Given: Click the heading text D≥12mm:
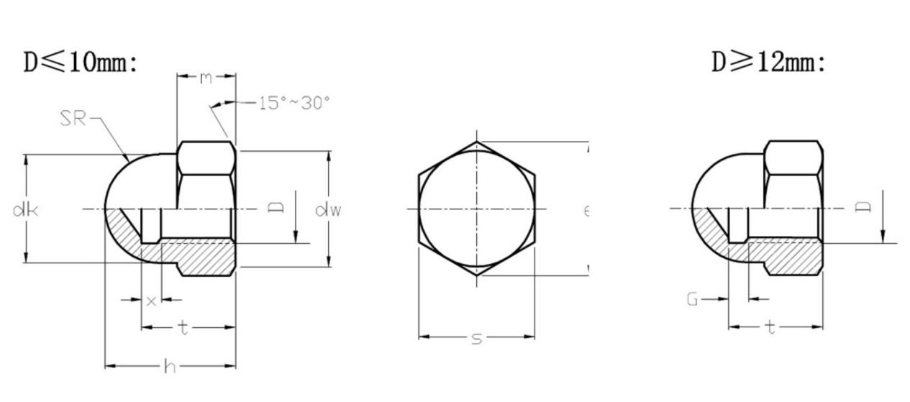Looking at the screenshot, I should (768, 63).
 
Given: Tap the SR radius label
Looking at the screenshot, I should (72, 119).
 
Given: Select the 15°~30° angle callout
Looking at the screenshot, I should (294, 103).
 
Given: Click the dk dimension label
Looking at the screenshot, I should (25, 210).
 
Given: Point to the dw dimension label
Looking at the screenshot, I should (328, 210).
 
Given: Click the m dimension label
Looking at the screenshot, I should (206, 77).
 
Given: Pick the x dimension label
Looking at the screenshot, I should (151, 301).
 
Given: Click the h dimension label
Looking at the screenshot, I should (170, 367).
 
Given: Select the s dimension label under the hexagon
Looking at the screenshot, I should (476, 338).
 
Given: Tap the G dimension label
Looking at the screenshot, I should (692, 300).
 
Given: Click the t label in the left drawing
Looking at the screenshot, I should (184, 329).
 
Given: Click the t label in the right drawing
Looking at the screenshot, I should (770, 329).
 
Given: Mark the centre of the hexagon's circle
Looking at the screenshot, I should (477, 209).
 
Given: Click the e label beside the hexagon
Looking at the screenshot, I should (586, 210).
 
